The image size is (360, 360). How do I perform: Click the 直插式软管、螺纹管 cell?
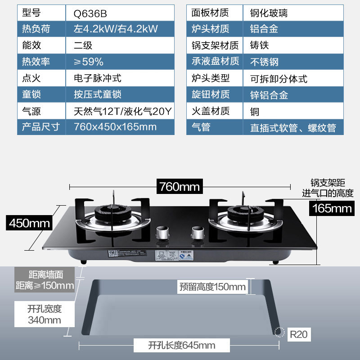point(293,127)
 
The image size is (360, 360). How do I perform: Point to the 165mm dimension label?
point(331,208)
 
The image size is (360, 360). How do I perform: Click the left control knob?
point(161,233)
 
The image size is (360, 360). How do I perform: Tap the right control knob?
point(196,233)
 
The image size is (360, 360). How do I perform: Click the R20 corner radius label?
point(297,334)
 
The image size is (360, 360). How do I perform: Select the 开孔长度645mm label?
point(181,346)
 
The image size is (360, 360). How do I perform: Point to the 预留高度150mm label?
point(212,287)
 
